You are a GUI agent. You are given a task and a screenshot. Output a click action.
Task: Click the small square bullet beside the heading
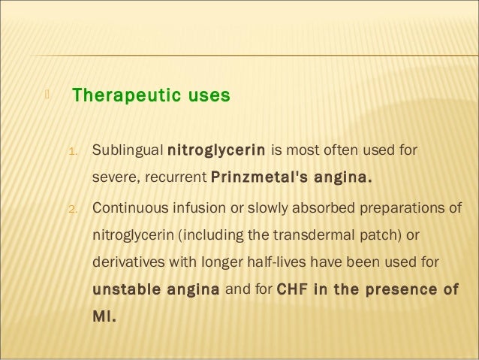[x=46, y=95]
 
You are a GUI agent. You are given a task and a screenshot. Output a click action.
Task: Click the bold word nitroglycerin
[x=216, y=149]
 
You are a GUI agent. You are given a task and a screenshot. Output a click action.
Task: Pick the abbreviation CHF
[x=294, y=290]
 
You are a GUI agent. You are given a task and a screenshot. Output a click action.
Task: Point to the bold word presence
[x=404, y=290]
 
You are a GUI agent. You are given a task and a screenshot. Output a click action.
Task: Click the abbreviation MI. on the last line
[x=104, y=316]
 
